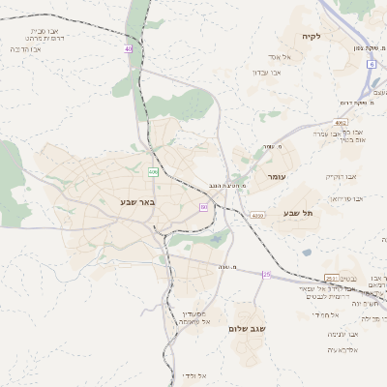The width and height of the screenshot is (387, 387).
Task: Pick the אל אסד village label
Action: (293, 57)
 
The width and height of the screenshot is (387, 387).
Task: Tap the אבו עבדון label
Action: (267, 73)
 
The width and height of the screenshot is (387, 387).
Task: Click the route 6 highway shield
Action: (371, 64)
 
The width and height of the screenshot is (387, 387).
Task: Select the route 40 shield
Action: (129, 48)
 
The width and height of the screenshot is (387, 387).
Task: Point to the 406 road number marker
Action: (153, 171)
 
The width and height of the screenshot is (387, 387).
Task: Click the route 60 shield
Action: (204, 207)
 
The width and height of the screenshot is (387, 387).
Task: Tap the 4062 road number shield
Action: (342, 123)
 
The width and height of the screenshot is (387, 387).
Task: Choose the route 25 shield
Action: (266, 274)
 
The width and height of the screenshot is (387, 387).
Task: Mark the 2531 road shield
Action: (331, 278)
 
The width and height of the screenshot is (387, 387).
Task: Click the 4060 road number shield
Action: (257, 216)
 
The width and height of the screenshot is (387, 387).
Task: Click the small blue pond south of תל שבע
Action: (307, 253)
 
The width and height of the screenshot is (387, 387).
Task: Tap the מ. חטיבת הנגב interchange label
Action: (227, 184)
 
